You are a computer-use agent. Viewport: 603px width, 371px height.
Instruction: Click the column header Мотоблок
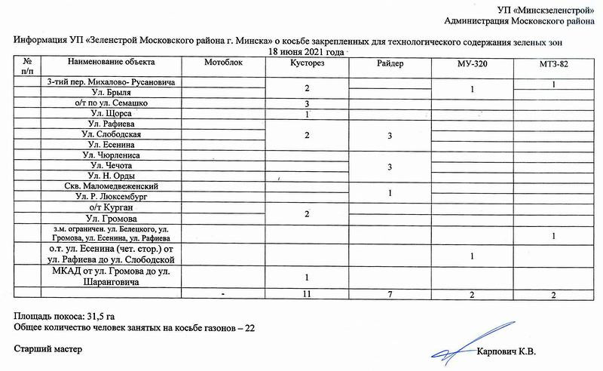click(223, 63)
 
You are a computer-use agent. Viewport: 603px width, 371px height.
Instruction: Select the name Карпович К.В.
click(510, 351)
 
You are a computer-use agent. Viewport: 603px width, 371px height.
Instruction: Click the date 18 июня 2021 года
click(307, 51)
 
